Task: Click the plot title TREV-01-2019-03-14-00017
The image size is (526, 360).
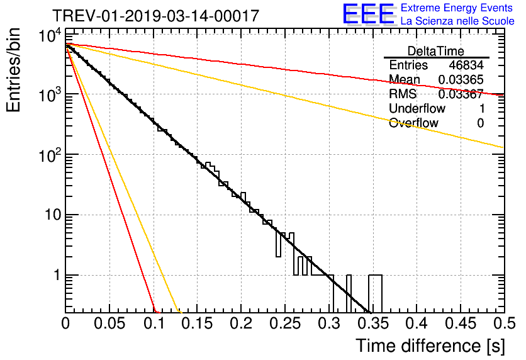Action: pyautogui.click(x=155, y=16)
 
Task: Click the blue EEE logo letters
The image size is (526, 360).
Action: pyautogui.click(x=369, y=14)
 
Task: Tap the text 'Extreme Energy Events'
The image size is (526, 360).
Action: pyautogui.click(x=457, y=8)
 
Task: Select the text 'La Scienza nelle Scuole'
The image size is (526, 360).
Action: pyautogui.click(x=457, y=21)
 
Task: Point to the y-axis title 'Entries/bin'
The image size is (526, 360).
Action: pyautogui.click(x=13, y=70)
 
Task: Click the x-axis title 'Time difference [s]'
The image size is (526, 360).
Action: pyautogui.click(x=430, y=346)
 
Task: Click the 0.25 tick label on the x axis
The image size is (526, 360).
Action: pyautogui.click(x=285, y=323)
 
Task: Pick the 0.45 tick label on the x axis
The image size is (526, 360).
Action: pyautogui.click(x=461, y=323)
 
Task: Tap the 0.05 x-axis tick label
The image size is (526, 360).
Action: pyautogui.click(x=109, y=323)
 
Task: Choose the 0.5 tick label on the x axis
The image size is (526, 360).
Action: pyautogui.click(x=504, y=323)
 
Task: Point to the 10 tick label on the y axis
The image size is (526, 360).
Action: pyautogui.click(x=53, y=215)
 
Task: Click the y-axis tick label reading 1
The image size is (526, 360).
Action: pyautogui.click(x=57, y=275)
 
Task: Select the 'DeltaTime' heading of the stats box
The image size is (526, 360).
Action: pyautogui.click(x=435, y=51)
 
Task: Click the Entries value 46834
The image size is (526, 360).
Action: pyautogui.click(x=466, y=65)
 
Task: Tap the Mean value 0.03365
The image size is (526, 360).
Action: pyautogui.click(x=461, y=79)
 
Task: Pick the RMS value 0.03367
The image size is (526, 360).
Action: pyautogui.click(x=461, y=94)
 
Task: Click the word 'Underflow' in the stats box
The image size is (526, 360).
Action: pyautogui.click(x=417, y=108)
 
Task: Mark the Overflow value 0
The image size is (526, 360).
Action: pyautogui.click(x=480, y=123)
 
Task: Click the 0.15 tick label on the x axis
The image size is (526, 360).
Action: pyautogui.click(x=197, y=323)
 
